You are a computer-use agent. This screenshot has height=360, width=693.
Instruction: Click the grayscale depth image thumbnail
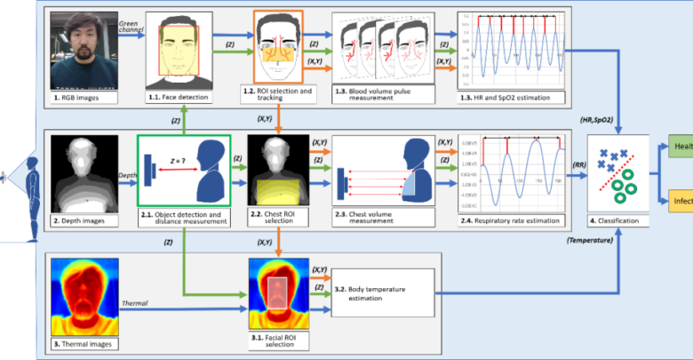tap(84, 172)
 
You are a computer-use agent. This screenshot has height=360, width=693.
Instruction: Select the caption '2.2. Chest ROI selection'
tap(279, 220)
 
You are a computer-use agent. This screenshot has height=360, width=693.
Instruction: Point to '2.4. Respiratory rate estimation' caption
tap(508, 220)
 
